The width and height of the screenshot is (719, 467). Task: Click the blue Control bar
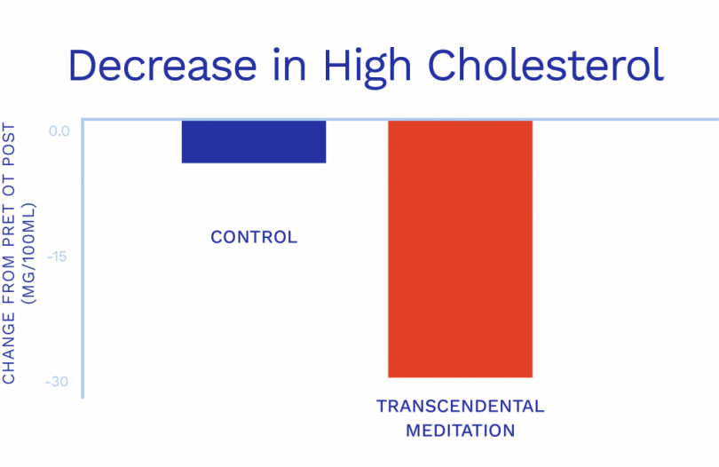pyautogui.click(x=254, y=141)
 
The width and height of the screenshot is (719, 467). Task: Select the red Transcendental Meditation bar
pyautogui.click(x=460, y=249)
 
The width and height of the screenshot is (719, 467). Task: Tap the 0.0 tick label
pyautogui.click(x=59, y=131)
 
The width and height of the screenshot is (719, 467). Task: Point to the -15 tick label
pyautogui.click(x=59, y=257)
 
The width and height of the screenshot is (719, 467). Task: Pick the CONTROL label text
pyautogui.click(x=254, y=238)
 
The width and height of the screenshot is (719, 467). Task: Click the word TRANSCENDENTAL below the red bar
pyautogui.click(x=460, y=407)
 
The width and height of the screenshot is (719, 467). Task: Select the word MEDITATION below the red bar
pyautogui.click(x=460, y=431)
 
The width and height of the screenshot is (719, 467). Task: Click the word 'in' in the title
pyautogui.click(x=288, y=67)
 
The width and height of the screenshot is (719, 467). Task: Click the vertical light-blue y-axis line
pyautogui.click(x=83, y=266)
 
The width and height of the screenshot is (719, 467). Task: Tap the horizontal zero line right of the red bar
pyautogui.click(x=621, y=119)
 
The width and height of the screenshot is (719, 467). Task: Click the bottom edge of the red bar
pyautogui.click(x=460, y=377)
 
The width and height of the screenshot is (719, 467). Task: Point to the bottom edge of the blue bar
pyautogui.click(x=254, y=162)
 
